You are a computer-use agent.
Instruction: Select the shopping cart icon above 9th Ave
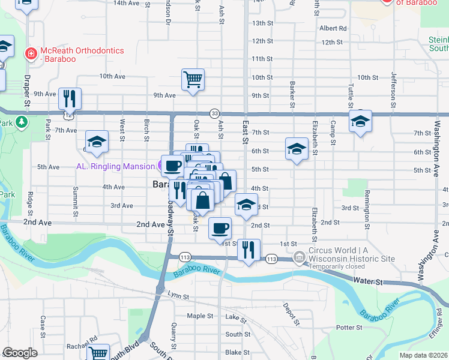pos(193,79)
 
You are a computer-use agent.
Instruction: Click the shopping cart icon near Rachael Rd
pos(97,353)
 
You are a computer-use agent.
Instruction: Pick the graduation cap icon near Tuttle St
pos(360,121)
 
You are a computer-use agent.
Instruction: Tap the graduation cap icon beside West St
pos(97,142)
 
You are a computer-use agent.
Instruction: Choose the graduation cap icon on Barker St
pos(296,150)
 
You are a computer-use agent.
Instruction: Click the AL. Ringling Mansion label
pos(115,166)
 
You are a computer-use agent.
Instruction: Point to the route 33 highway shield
pos(214,113)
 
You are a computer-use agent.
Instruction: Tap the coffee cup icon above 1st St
pos(220,228)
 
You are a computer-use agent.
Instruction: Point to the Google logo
pos(20,353)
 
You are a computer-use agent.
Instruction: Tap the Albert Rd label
pos(333,28)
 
